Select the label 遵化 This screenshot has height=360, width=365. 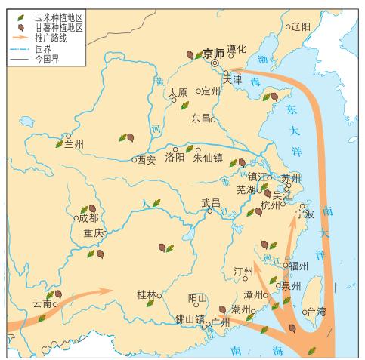[x=237, y=49]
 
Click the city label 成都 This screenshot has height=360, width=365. [x=88, y=217]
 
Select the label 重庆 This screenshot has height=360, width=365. [x=92, y=232]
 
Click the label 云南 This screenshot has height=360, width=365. [x=42, y=304]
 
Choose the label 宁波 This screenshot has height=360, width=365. [x=303, y=214]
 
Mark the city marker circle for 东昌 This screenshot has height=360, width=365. [x=213, y=118]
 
